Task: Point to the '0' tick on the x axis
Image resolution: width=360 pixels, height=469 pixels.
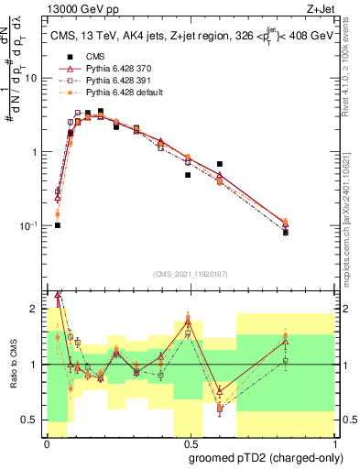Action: tap(47, 442)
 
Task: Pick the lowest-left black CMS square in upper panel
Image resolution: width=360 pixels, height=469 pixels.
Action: tap(57, 224)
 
